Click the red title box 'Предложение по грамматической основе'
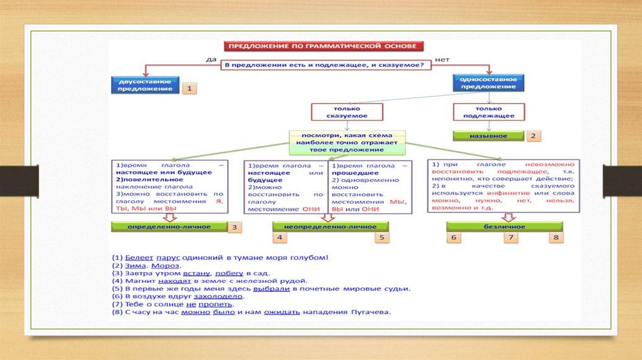[324, 46]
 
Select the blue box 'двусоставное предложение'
[144, 85]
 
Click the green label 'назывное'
[488, 135]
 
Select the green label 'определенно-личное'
[169, 226]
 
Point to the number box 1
[189, 89]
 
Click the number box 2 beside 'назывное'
[534, 135]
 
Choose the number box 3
[234, 227]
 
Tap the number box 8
[555, 237]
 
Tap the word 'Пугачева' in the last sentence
[372, 311]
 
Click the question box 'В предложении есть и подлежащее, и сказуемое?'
[324, 65]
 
